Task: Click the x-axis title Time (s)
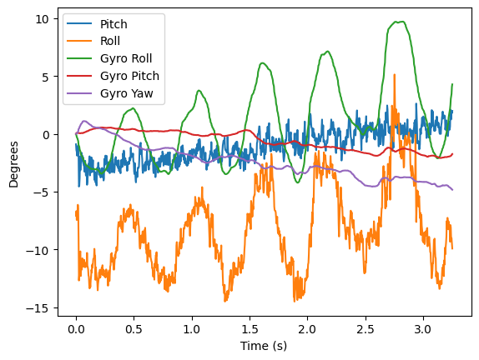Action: [x=264, y=346]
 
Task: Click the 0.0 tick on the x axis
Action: [x=76, y=327]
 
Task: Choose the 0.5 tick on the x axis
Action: [x=134, y=327]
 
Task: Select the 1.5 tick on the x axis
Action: [x=250, y=327]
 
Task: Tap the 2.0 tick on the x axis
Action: [x=307, y=327]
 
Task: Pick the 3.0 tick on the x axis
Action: [x=423, y=327]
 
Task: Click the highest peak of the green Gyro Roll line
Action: [x=403, y=22]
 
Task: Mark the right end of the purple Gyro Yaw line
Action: [x=452, y=190]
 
